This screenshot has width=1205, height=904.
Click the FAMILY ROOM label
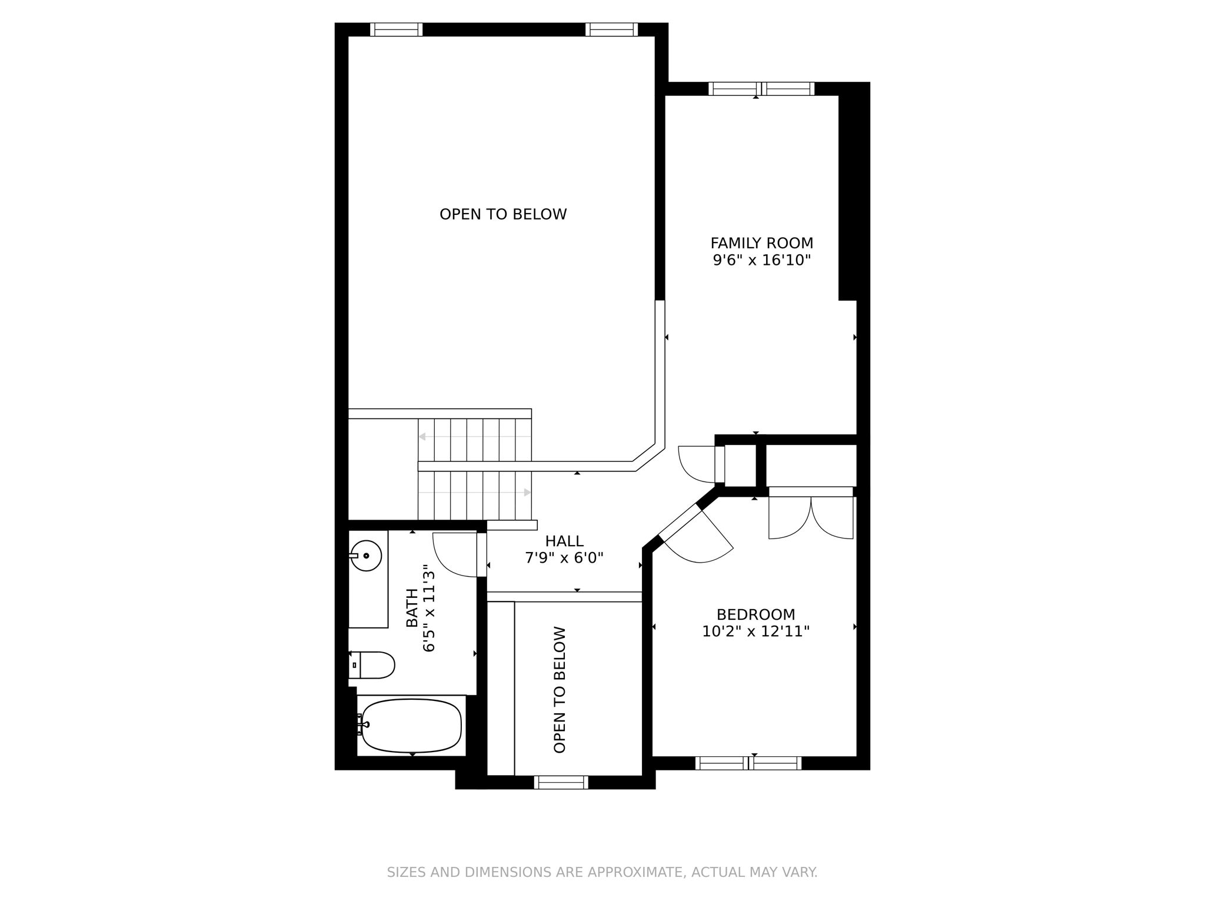[x=761, y=243]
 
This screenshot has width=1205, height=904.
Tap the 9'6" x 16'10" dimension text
[x=761, y=260]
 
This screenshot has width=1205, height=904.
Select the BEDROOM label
[x=755, y=614]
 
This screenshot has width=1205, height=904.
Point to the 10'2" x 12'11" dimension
[x=755, y=632]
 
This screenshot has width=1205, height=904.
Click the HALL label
[x=564, y=541]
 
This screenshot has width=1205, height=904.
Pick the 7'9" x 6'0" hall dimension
[x=564, y=557]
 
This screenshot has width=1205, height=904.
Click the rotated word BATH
[x=412, y=607]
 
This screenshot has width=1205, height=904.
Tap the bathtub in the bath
[x=411, y=725]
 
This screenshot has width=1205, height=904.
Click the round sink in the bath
[x=366, y=555]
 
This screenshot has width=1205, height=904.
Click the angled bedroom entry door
[x=700, y=539]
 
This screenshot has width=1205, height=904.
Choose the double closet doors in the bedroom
[x=811, y=518]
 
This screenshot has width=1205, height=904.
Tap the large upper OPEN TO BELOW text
[x=503, y=214]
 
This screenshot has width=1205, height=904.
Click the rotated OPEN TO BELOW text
[x=560, y=689]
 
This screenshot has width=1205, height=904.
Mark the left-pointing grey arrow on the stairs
[x=422, y=436]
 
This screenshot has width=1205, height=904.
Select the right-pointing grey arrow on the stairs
[x=527, y=492]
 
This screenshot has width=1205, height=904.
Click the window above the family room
[x=761, y=89]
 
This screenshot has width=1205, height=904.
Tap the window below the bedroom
[x=748, y=763]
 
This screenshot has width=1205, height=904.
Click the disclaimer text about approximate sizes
[x=602, y=872]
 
